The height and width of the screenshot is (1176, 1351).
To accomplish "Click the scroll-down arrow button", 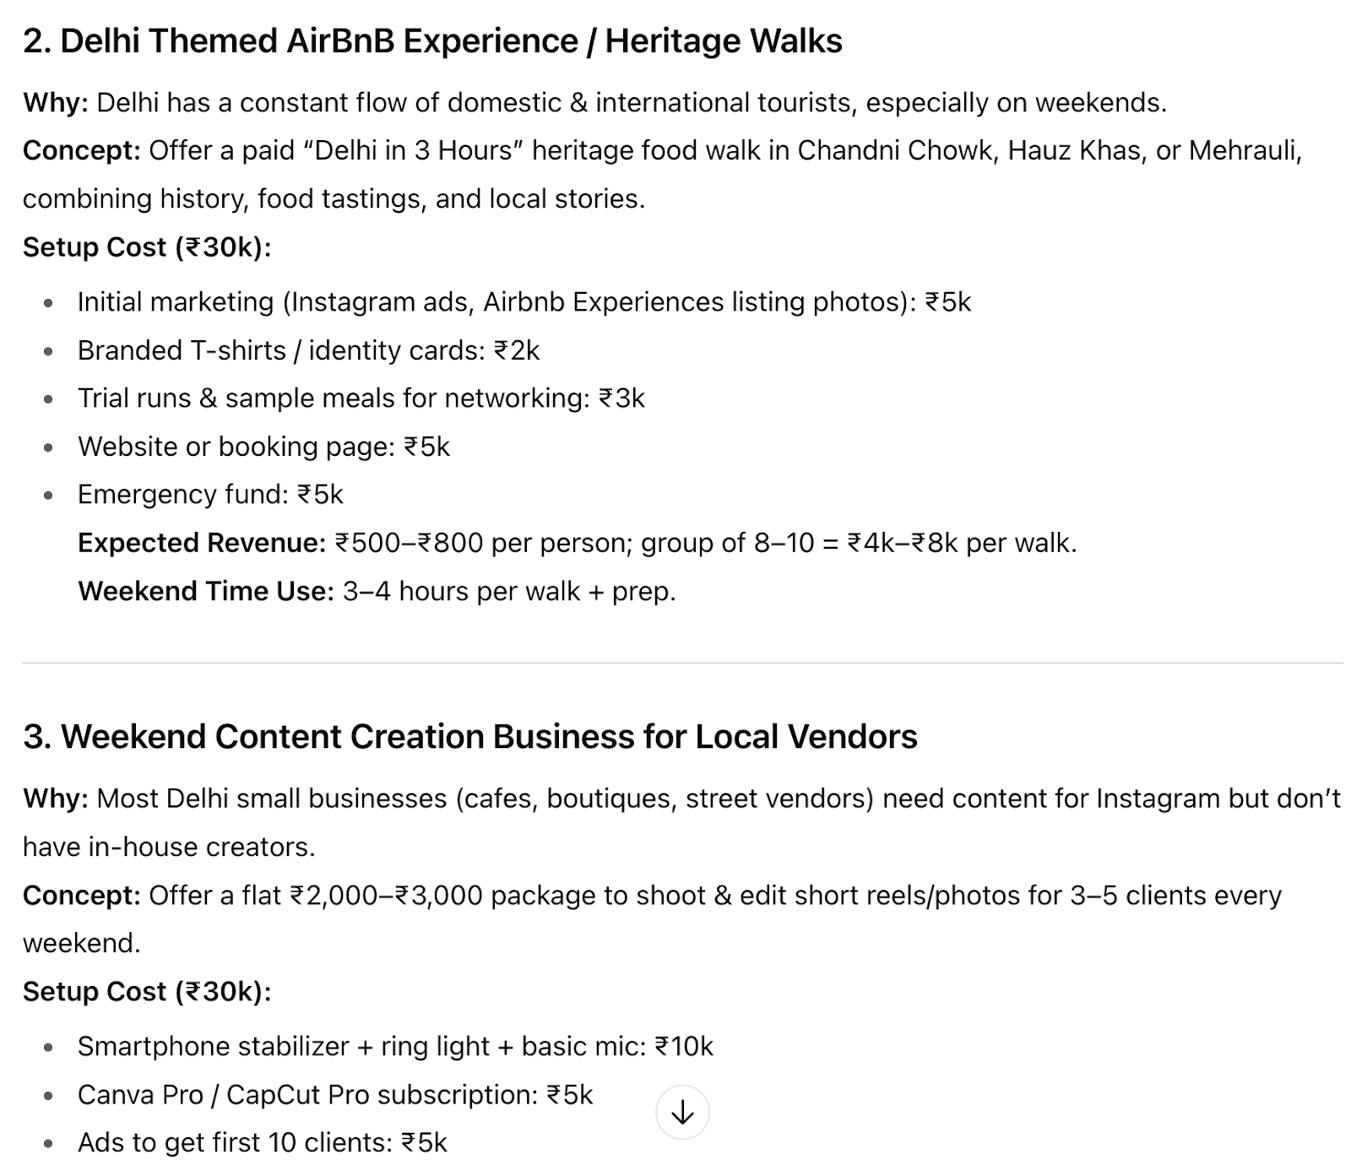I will (681, 1113).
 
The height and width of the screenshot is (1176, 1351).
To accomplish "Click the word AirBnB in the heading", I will (340, 41).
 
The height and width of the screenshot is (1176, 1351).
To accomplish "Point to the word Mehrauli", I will (1244, 150).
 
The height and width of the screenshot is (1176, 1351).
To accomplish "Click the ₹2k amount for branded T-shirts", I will (516, 350).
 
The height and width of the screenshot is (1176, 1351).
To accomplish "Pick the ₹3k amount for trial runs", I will (621, 398).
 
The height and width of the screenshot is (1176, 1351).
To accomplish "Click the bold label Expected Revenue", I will (202, 543).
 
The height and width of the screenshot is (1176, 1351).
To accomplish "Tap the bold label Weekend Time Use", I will (206, 591).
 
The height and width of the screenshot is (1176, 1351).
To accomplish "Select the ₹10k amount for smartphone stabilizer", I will (684, 1047).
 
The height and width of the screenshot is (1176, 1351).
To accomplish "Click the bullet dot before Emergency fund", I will (49, 496).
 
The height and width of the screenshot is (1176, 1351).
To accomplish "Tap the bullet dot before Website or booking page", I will (49, 447).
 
